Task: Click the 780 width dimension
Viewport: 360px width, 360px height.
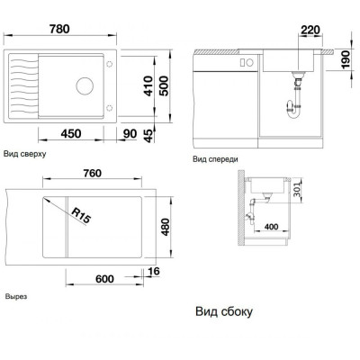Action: pos(59,29)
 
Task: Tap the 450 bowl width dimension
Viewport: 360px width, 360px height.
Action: pos(71,133)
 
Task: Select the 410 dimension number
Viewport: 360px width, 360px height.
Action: pos(148,86)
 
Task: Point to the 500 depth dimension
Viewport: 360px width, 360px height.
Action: pos(164,86)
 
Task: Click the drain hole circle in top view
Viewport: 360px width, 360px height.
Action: pos(85,85)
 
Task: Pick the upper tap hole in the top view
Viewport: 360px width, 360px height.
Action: pos(110,64)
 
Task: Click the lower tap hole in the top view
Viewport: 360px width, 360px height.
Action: pos(110,108)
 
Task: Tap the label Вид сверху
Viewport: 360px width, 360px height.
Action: pos(25,154)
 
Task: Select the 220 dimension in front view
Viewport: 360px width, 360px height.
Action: pos(310,30)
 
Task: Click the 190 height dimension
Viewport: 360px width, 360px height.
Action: pos(346,59)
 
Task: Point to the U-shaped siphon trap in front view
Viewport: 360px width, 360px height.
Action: pos(292,110)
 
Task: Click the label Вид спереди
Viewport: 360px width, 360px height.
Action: pos(215,159)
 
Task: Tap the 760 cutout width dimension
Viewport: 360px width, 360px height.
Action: pos(92,174)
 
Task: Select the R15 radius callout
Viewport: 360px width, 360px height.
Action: pos(81,216)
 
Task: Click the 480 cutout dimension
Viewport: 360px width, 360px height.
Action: pos(165,227)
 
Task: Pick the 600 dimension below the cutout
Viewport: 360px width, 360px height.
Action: pos(104,279)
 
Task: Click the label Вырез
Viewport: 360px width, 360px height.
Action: pos(16,296)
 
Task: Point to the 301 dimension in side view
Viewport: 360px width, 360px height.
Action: pos(297,189)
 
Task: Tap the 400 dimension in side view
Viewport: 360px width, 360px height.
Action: pos(271,227)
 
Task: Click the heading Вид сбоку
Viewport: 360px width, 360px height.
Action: pos(224,311)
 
